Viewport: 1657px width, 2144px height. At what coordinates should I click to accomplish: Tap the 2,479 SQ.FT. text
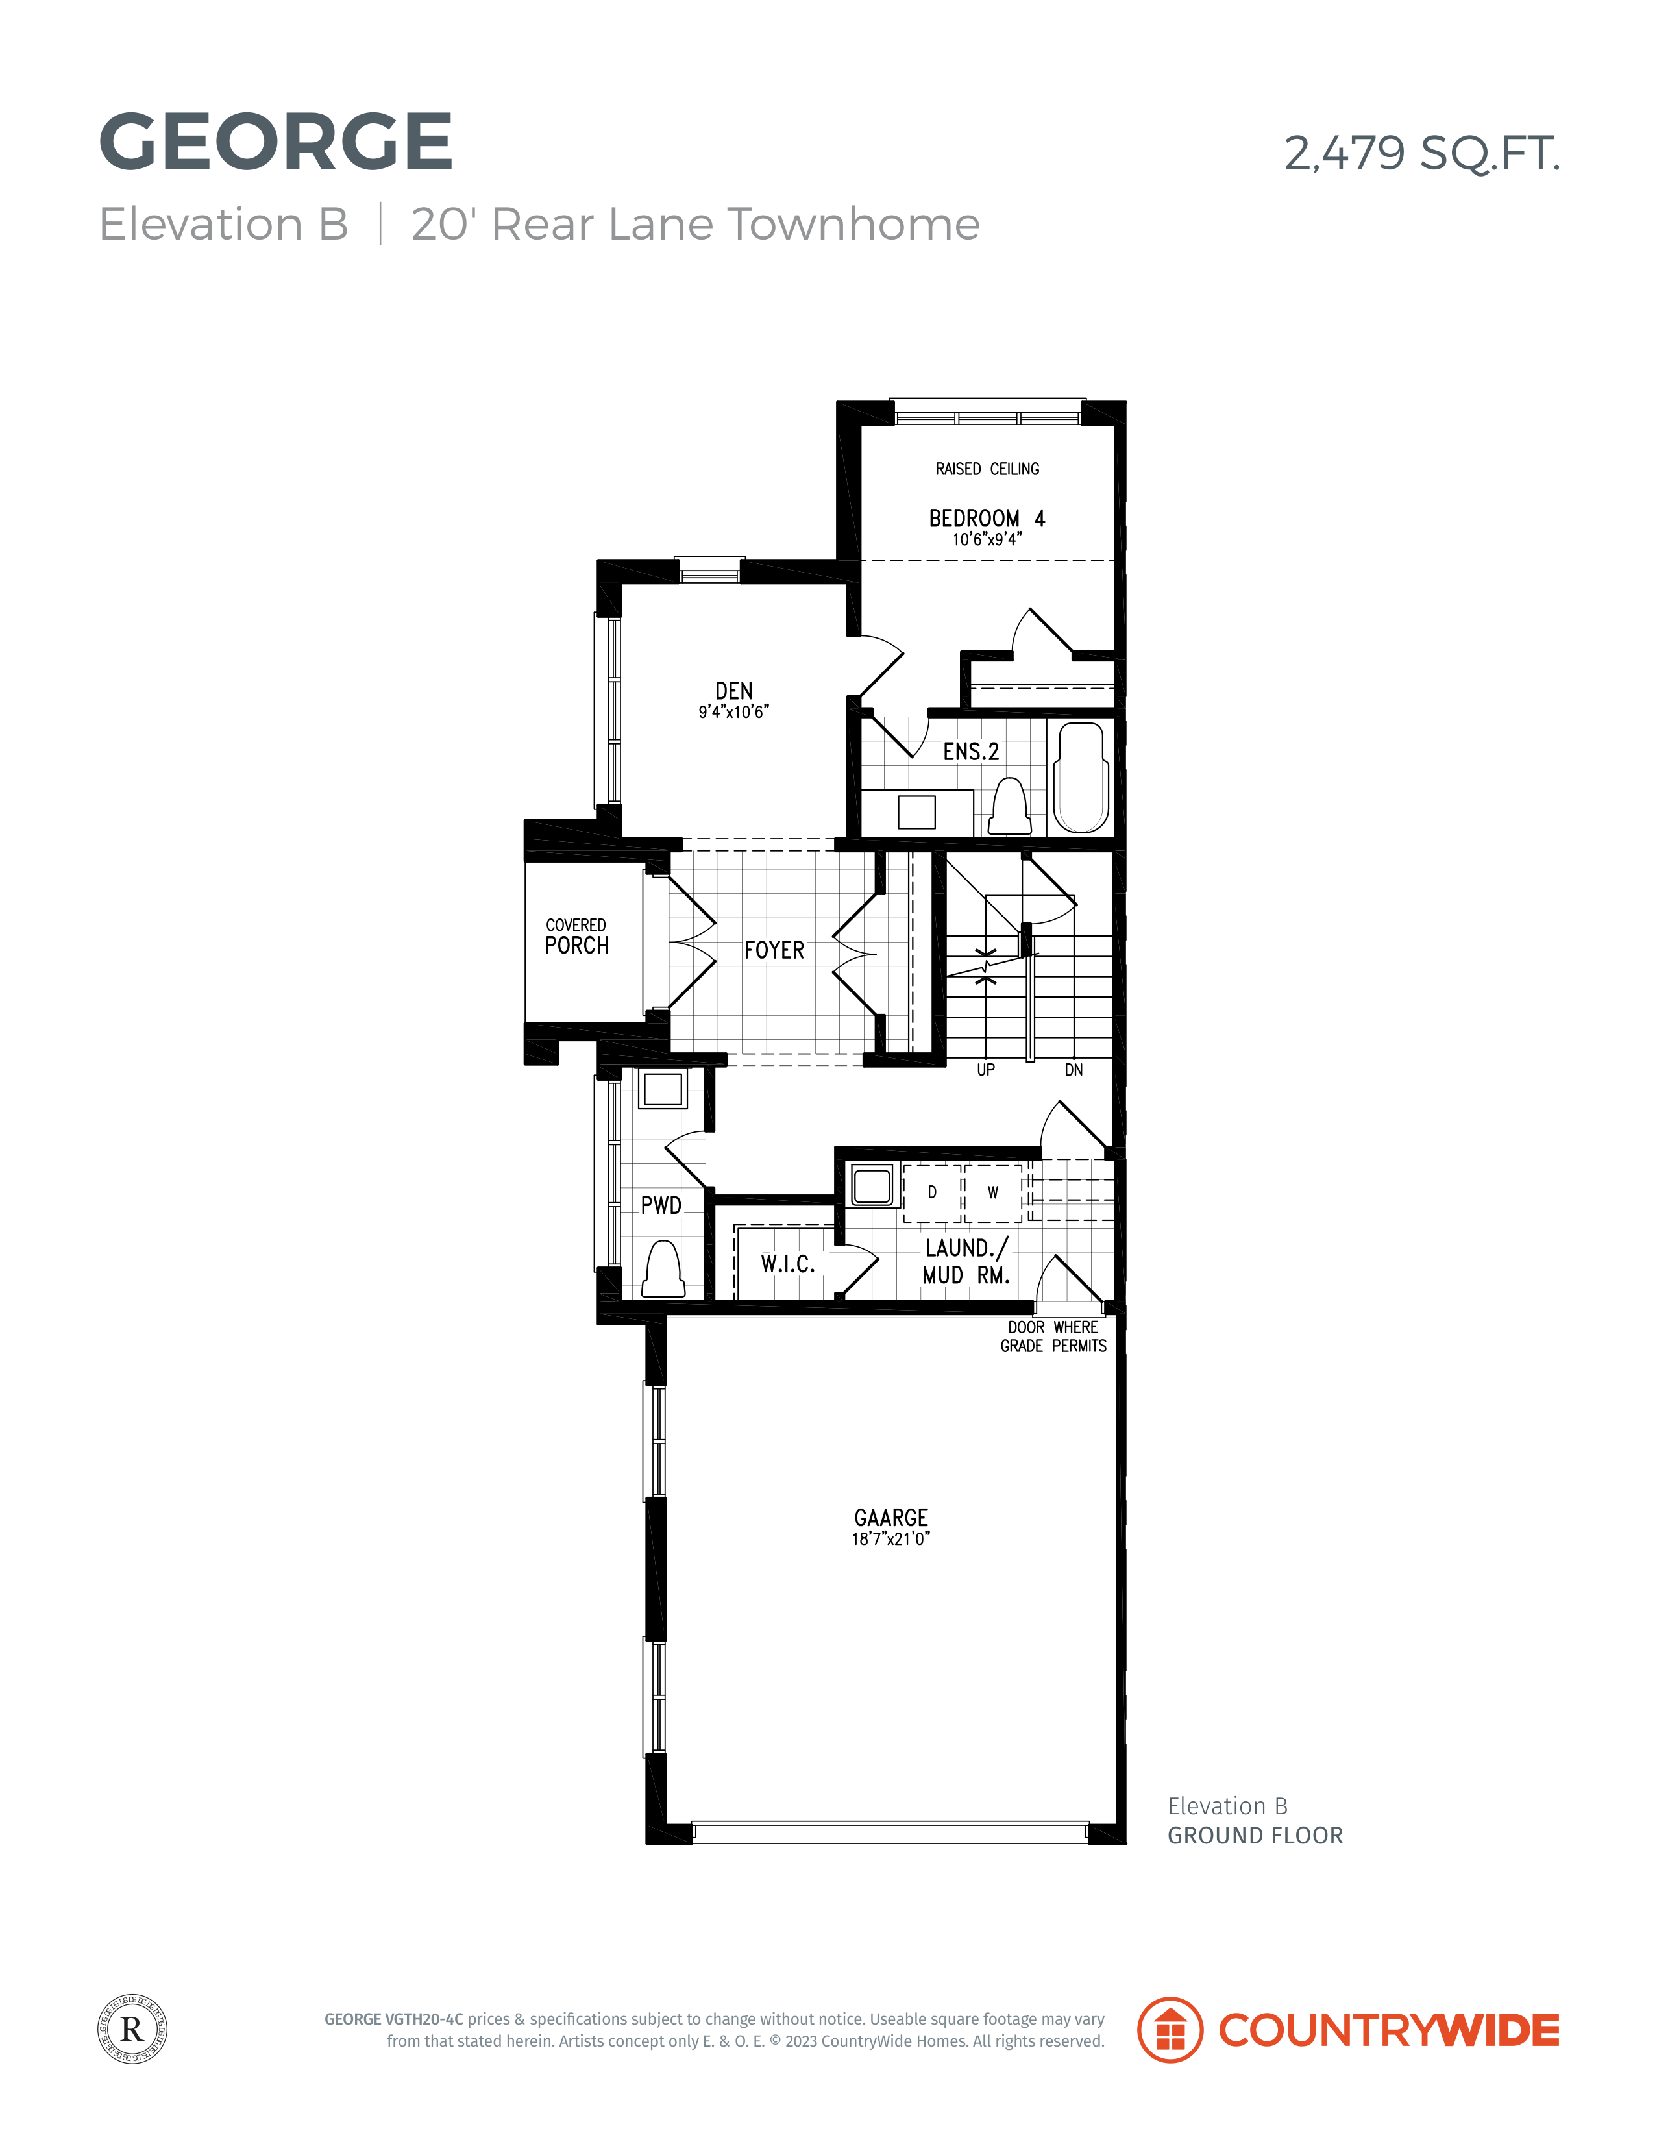(1421, 153)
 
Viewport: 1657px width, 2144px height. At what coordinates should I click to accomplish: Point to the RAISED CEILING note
(987, 469)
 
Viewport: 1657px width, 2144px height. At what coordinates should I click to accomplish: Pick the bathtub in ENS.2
(1081, 778)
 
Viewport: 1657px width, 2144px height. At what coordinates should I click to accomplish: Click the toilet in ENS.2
(1009, 806)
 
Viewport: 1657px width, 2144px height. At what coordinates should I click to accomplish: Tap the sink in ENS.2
(917, 812)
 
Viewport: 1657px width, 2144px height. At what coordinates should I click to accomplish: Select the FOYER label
(774, 950)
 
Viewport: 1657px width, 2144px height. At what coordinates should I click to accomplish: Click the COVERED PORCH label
(577, 937)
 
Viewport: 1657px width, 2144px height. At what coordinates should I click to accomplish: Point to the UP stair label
(985, 1070)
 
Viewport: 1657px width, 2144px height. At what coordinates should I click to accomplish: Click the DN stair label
(1074, 1070)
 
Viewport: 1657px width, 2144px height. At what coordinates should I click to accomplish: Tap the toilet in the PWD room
(663, 1269)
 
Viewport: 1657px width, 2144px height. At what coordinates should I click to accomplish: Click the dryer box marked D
(931, 1193)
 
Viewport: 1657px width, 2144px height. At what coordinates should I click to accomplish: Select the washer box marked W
(994, 1193)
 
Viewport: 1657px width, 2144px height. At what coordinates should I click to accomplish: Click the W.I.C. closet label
(787, 1264)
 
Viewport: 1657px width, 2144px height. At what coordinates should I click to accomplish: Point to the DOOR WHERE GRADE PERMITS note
(1053, 1337)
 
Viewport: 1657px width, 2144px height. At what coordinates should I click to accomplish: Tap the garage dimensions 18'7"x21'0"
(891, 1539)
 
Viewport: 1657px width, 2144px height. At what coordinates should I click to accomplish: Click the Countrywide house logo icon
(1170, 2030)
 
